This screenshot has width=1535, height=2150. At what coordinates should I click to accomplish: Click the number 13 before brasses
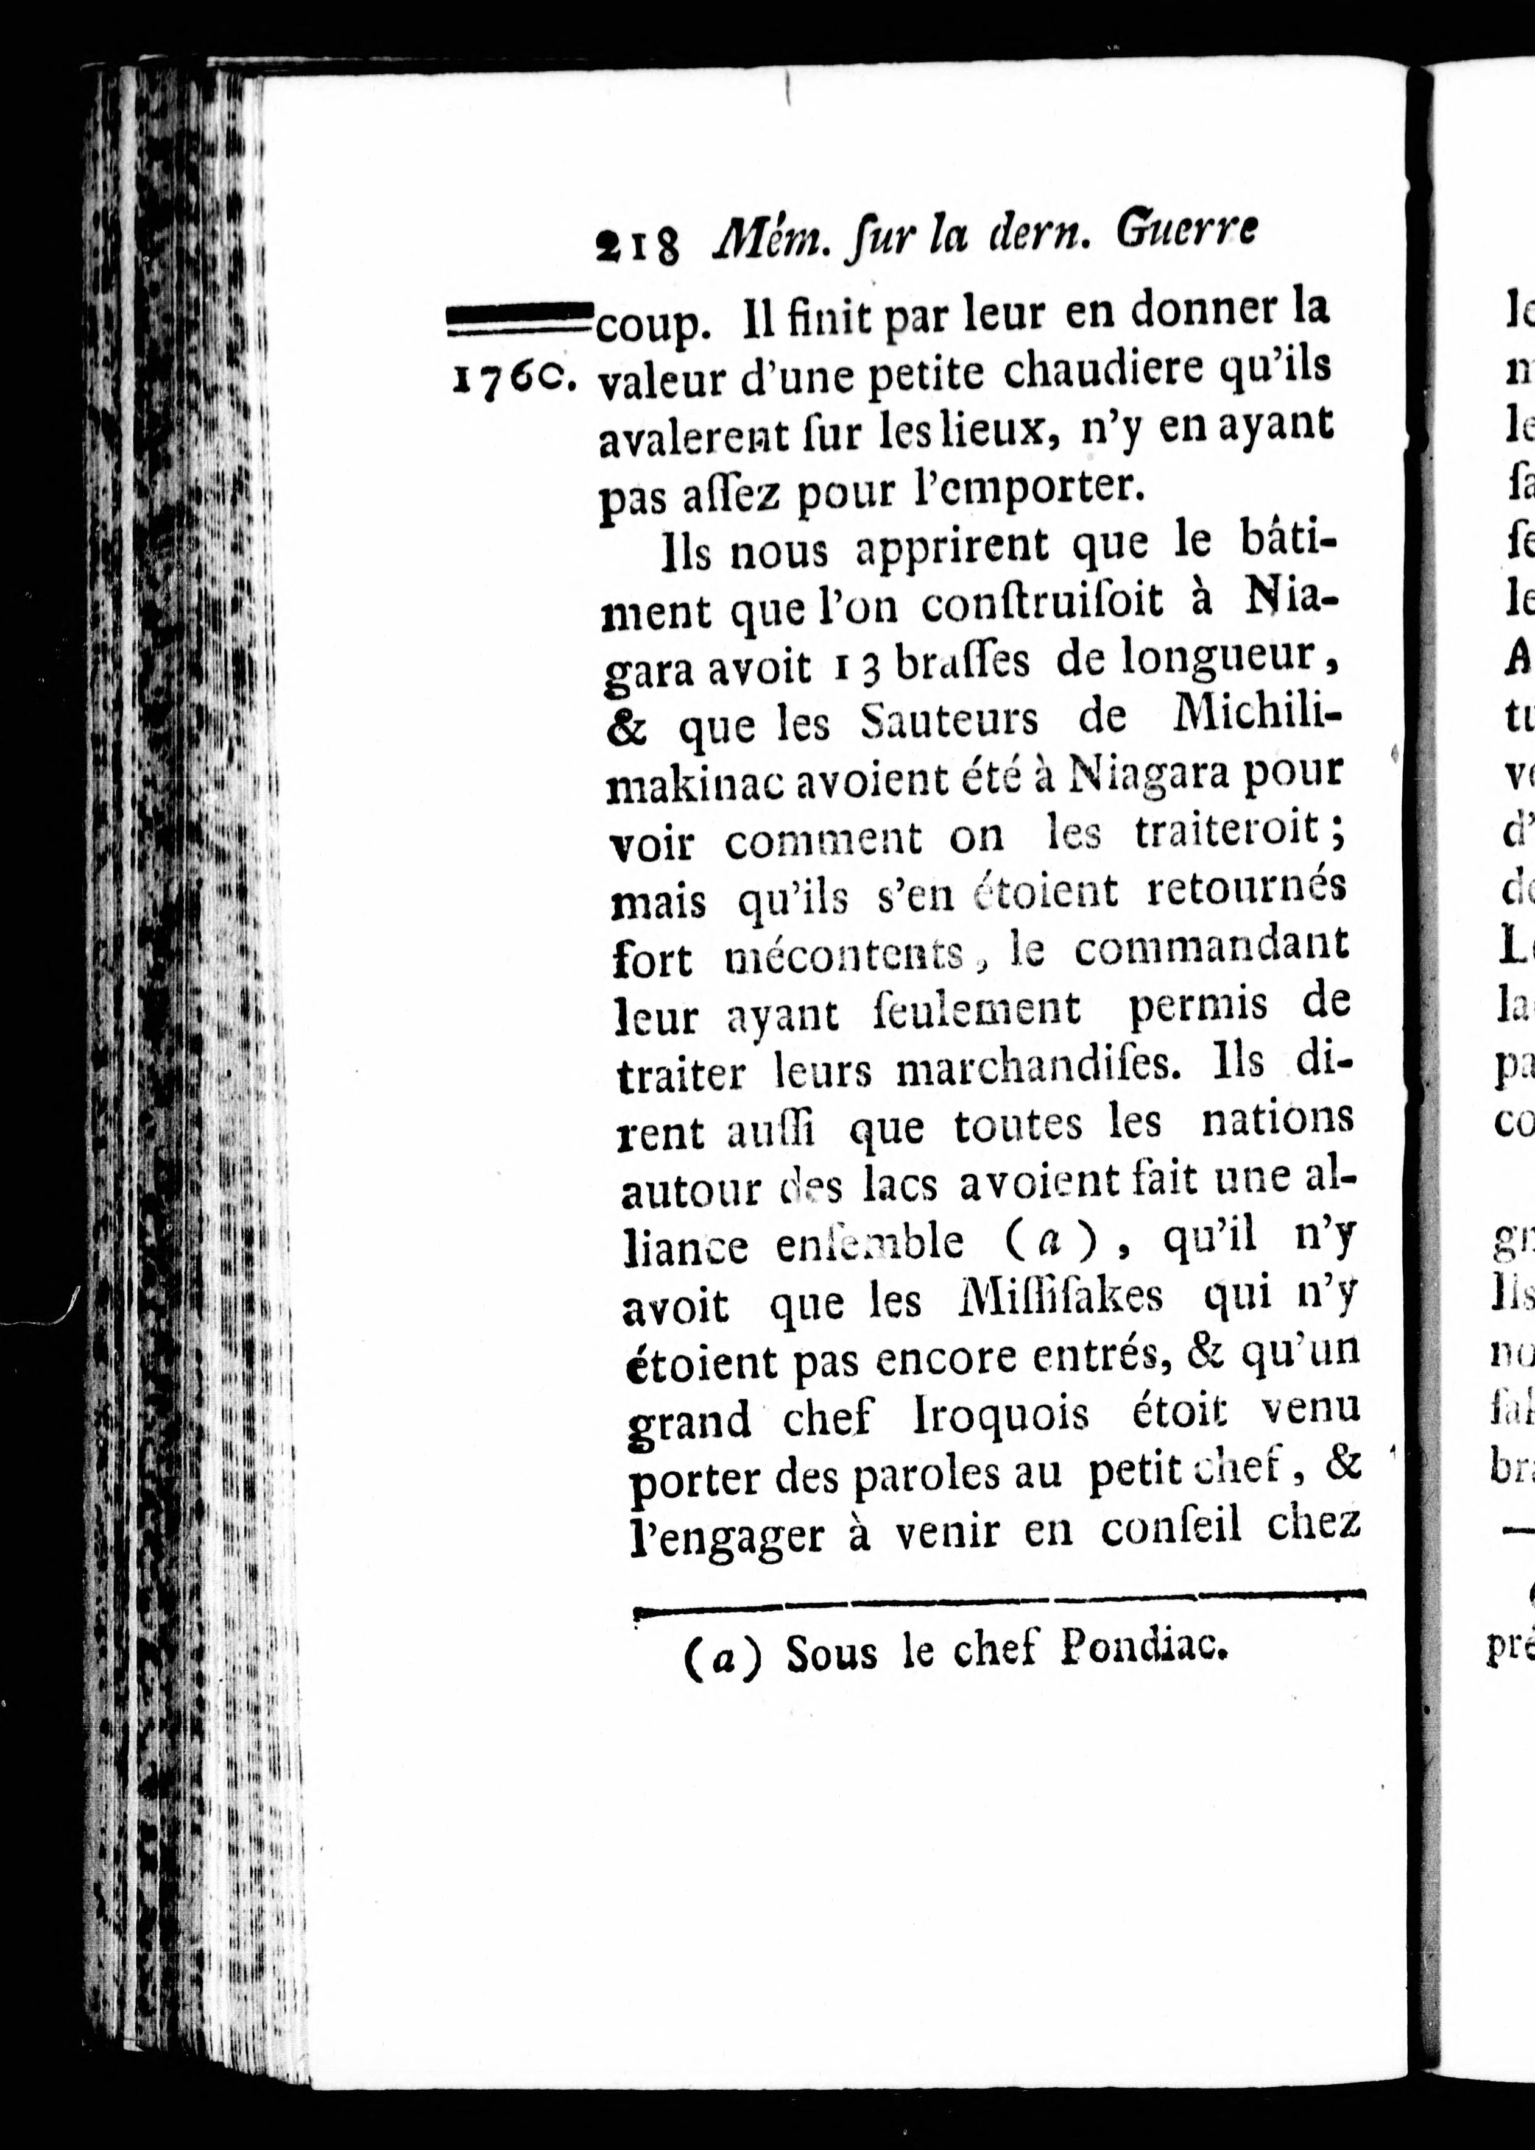pyautogui.click(x=855, y=667)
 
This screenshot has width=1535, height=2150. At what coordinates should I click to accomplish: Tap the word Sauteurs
pyautogui.click(x=949, y=723)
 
